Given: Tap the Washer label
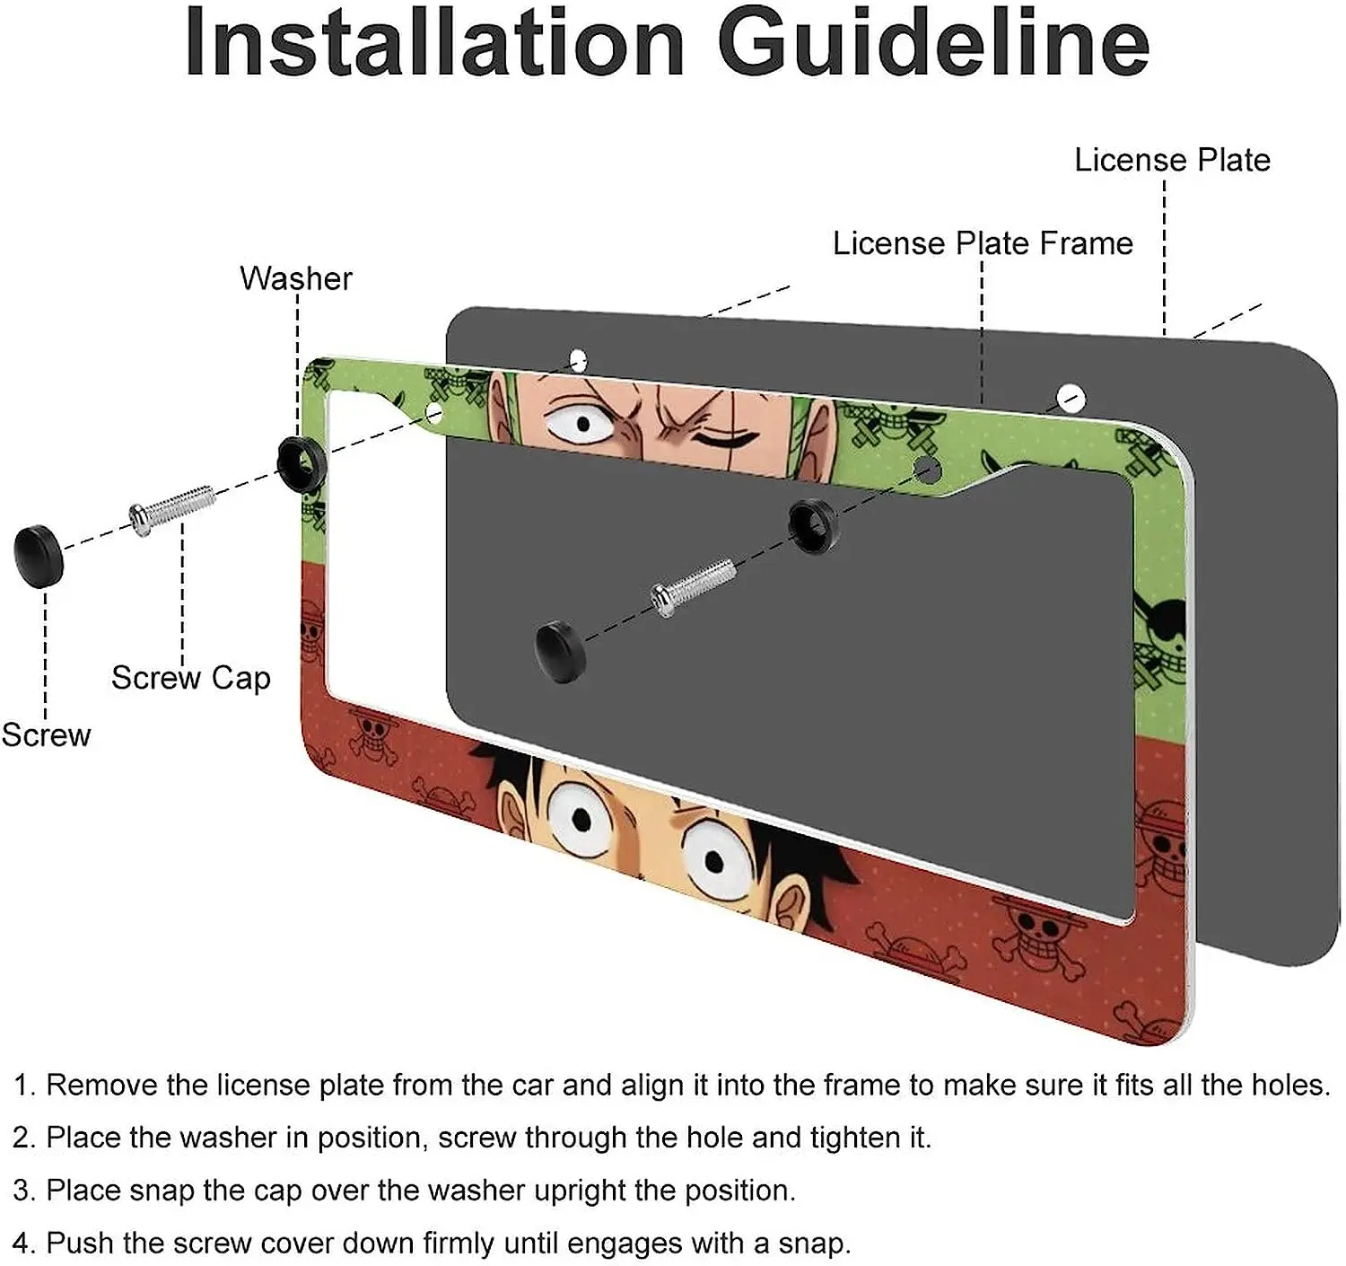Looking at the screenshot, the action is (x=295, y=278).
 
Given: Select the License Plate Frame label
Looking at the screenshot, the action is (x=983, y=243).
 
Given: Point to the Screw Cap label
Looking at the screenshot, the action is (x=190, y=678).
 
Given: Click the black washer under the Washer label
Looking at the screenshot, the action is (x=302, y=463).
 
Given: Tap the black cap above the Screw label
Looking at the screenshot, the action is (x=39, y=556).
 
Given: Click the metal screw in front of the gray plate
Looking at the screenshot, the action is (x=694, y=586).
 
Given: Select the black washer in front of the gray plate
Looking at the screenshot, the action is (x=813, y=525).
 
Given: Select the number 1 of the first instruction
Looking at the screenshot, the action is (x=22, y=1086).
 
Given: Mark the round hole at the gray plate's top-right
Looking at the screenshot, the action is (x=1071, y=397).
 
